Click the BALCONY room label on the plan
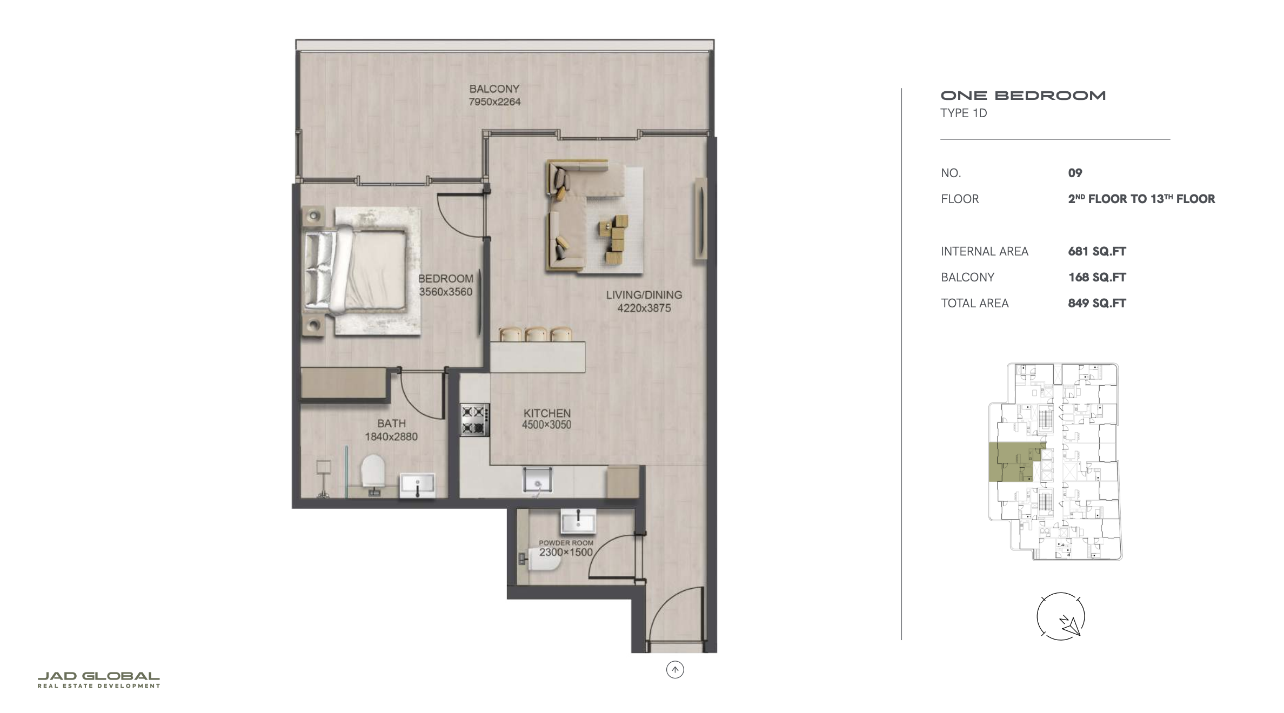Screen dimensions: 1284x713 pos(494,89)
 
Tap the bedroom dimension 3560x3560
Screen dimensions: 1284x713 pos(446,292)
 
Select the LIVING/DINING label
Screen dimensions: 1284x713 pos(644,295)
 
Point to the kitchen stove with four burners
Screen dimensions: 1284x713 pos(475,420)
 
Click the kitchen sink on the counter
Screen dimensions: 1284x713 pos(538,480)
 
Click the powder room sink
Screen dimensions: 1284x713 pos(579,521)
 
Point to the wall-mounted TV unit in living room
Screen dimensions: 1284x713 pos(700,219)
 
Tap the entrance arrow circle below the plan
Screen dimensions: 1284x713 pos(675,670)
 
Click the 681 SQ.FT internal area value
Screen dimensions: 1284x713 pos(1097,251)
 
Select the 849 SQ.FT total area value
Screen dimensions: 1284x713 pos(1097,303)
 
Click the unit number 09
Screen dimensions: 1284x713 pos(1075,173)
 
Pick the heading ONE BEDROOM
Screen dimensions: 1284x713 pos(1023,96)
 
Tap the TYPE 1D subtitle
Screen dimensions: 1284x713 pos(964,113)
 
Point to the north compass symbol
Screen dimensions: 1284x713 pos(1061,616)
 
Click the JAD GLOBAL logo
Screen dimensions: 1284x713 pos(99,680)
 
